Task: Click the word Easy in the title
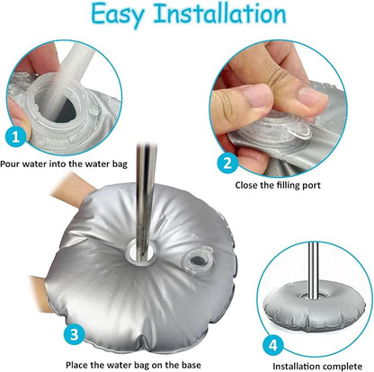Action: click(118, 15)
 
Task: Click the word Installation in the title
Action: click(220, 13)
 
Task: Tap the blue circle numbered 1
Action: click(16, 137)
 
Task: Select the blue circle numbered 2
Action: click(227, 164)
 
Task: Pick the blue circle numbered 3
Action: click(75, 334)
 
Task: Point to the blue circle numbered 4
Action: click(273, 346)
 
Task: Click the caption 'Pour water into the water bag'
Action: click(64, 164)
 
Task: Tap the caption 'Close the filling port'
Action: click(278, 185)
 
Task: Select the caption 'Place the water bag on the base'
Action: click(133, 365)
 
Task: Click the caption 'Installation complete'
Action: click(317, 367)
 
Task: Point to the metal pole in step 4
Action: click(313, 270)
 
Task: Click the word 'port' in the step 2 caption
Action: click(311, 186)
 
